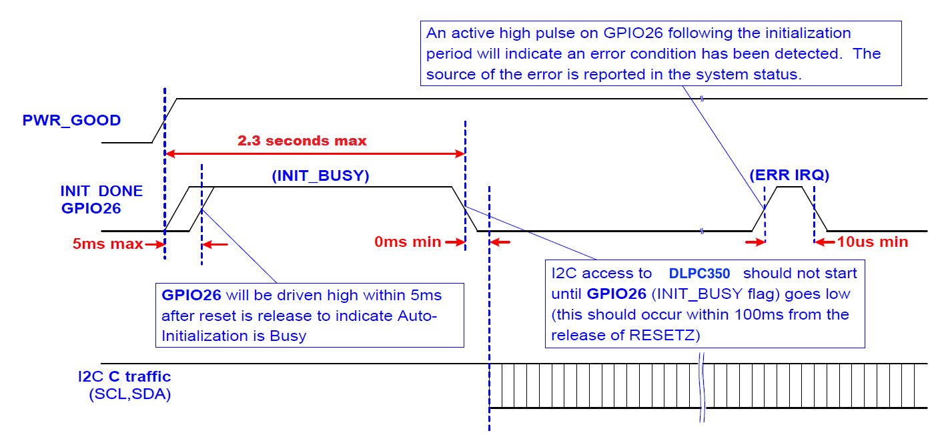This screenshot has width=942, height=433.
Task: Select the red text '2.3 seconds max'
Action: [302, 141]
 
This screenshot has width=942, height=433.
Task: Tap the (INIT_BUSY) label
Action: [321, 176]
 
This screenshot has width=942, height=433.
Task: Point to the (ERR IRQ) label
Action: [789, 176]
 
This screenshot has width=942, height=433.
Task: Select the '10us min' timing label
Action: [873, 242]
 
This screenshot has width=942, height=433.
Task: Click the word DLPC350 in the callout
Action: [700, 274]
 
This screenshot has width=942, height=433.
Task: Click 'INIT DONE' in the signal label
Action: [101, 191]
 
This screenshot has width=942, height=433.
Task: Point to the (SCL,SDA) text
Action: [129, 394]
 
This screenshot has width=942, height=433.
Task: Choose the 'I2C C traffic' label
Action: [124, 377]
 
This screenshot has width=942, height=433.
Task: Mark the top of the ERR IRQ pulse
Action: [790, 187]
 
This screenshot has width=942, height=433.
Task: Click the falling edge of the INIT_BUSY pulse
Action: [464, 209]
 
